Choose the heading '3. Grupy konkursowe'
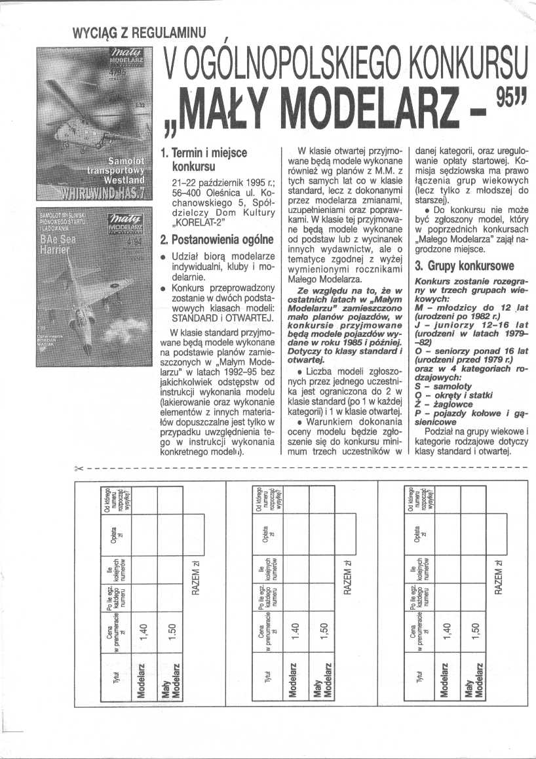click(463, 267)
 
